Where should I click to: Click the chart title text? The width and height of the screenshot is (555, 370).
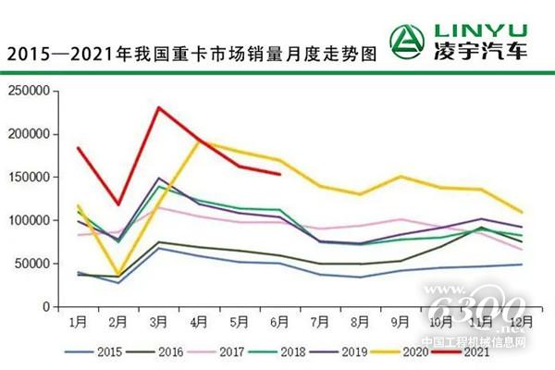[192, 54]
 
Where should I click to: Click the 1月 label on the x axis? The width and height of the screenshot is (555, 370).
[78, 322]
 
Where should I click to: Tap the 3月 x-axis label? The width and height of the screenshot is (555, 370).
[158, 322]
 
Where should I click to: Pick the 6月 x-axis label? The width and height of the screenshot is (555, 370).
[279, 322]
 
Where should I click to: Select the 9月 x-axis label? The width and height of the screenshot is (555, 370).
[400, 322]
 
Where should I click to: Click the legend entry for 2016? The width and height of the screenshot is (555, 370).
[157, 351]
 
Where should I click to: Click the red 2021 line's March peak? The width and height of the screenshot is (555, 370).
[158, 107]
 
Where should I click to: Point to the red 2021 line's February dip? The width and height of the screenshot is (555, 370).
[117, 204]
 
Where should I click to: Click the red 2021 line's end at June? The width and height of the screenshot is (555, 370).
[279, 174]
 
